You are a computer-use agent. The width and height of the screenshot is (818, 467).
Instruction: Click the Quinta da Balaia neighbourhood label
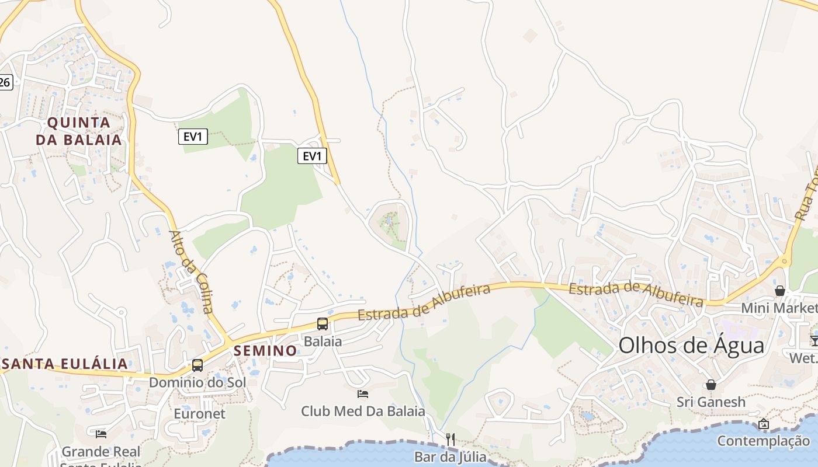click(79, 131)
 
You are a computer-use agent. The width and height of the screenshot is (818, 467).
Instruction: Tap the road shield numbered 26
click(5, 82)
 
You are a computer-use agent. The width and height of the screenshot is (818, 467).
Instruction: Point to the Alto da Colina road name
click(191, 271)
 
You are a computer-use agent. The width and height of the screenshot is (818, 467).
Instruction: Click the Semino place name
click(265, 350)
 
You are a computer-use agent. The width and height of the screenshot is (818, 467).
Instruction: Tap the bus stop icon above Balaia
click(322, 323)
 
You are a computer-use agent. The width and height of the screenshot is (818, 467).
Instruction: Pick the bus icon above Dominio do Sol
click(197, 365)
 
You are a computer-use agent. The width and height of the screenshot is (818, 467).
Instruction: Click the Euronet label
click(199, 413)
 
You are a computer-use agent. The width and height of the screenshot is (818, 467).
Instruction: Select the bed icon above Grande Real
click(101, 434)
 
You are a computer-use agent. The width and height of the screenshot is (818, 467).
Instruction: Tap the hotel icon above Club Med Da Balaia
click(363, 394)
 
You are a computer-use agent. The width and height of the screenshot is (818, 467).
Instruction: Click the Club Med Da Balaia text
click(363, 411)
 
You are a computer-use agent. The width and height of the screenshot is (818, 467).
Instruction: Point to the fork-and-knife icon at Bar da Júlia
click(450, 439)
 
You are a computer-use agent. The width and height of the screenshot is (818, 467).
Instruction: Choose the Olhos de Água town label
click(691, 345)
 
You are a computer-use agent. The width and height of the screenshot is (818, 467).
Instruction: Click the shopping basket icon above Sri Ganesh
click(711, 385)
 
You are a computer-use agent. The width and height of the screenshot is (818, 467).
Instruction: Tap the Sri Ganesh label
click(711, 402)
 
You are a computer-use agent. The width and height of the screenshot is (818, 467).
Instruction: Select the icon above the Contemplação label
click(763, 424)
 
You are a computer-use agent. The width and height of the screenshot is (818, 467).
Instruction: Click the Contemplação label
click(763, 441)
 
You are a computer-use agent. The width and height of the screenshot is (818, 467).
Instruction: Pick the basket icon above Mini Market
click(779, 291)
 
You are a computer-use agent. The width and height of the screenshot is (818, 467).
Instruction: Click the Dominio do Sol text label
click(197, 382)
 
